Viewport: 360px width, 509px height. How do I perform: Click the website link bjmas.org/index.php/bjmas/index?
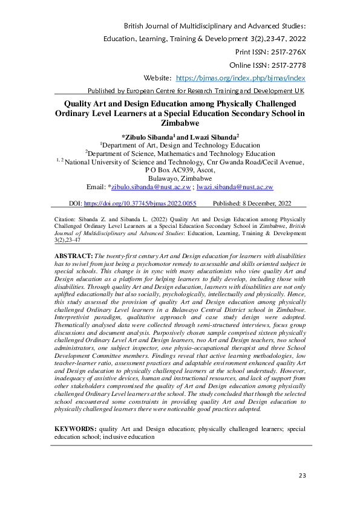click(x=240, y=78)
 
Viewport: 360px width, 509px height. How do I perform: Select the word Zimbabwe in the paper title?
click(x=180, y=122)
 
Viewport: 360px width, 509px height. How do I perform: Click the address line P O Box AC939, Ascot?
click(x=180, y=170)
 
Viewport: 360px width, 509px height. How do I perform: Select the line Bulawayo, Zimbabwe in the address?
click(x=180, y=179)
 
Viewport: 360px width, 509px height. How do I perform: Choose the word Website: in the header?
click(x=158, y=78)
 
